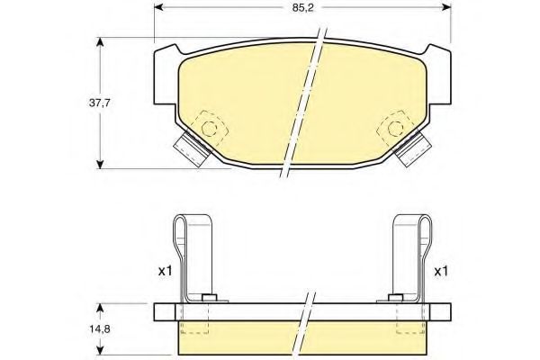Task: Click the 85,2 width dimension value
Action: click(302, 7)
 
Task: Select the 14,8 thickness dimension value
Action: click(100, 328)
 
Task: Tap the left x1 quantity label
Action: click(165, 271)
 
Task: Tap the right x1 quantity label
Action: click(441, 272)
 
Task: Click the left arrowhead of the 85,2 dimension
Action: click(158, 6)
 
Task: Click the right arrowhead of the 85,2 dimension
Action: click(446, 6)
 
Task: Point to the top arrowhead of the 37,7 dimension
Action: click(100, 41)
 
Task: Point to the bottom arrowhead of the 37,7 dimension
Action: click(100, 165)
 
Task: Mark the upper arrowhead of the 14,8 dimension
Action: click(100, 308)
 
